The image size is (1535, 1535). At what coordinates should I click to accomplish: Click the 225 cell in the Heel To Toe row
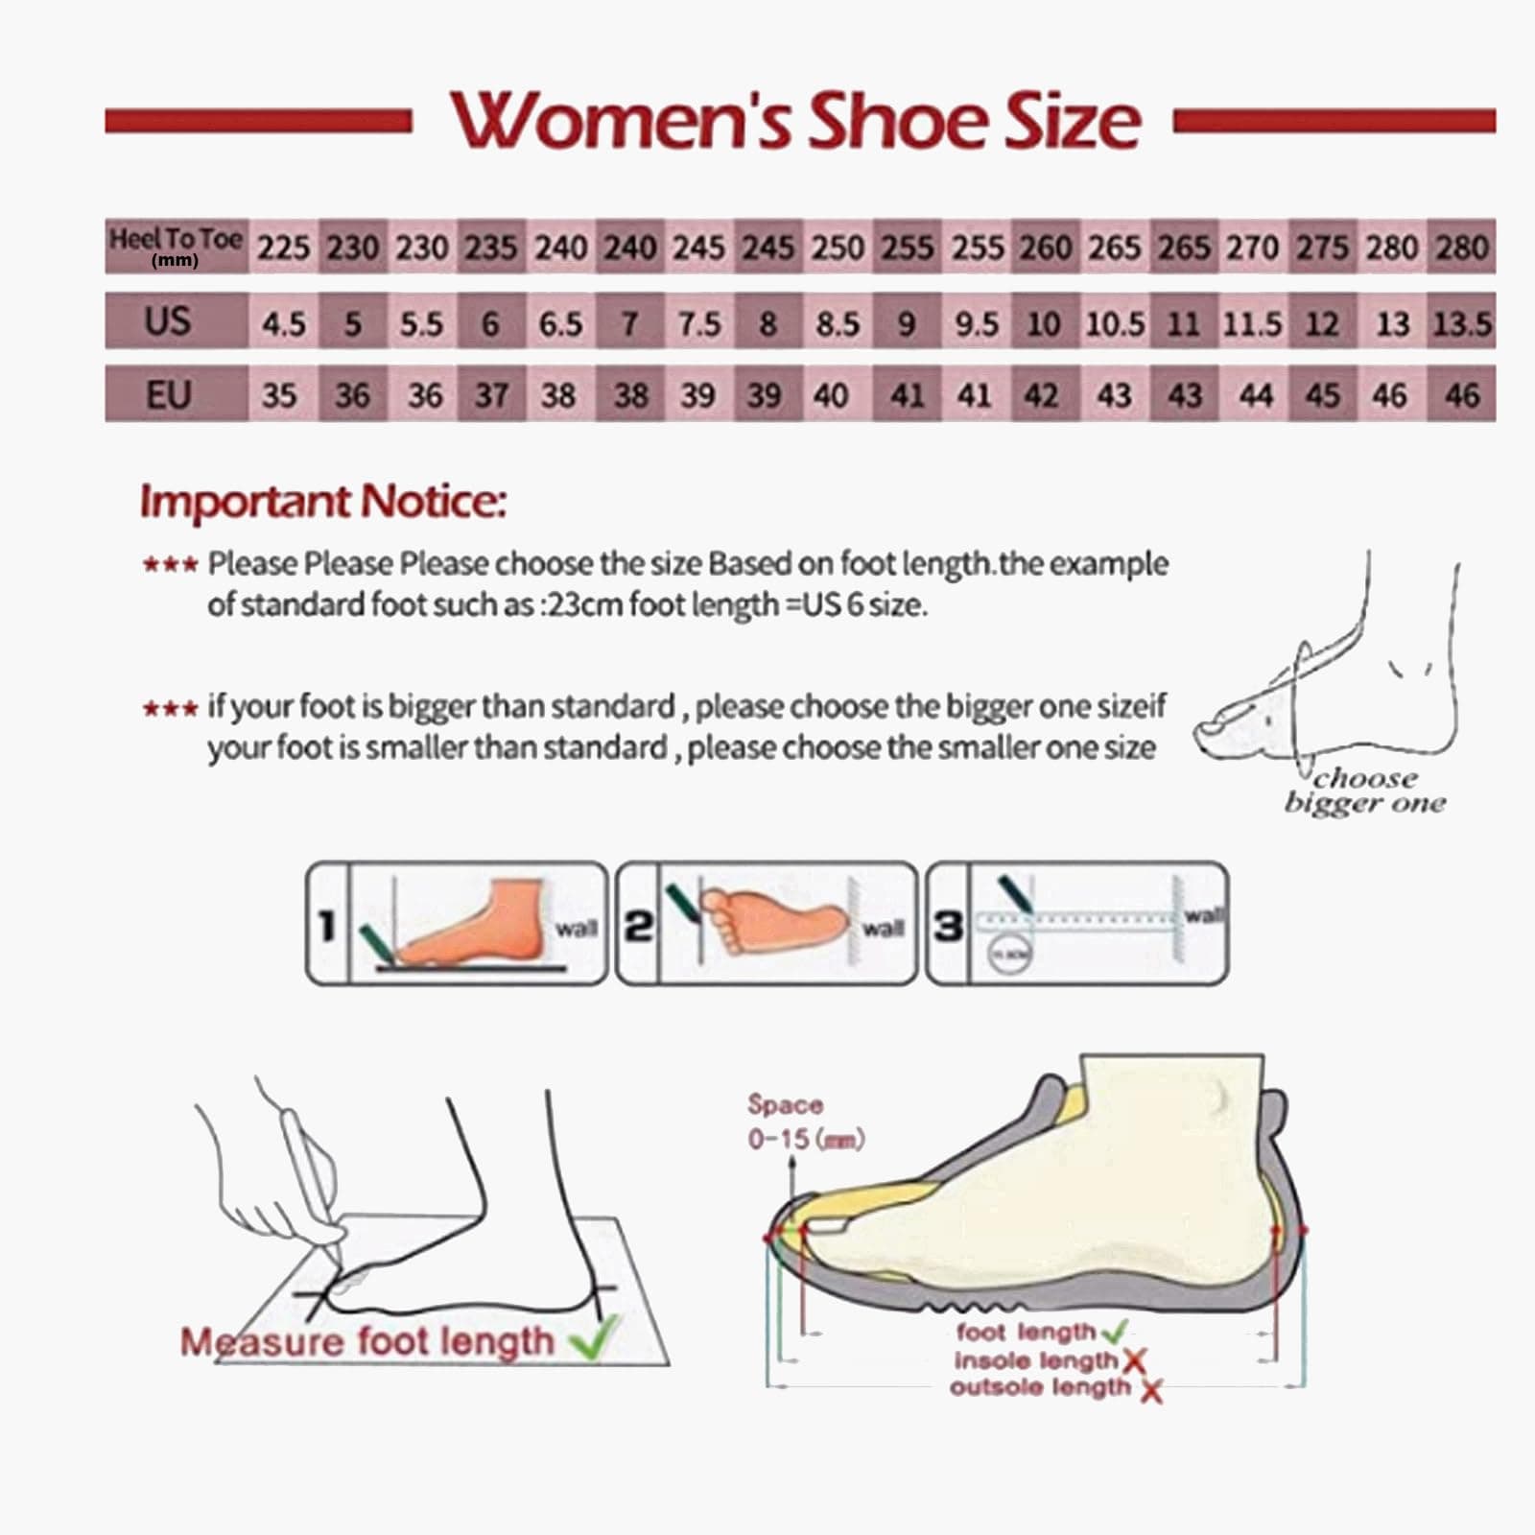pyautogui.click(x=283, y=248)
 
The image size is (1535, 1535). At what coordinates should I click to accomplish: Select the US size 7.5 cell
pyautogui.click(x=698, y=323)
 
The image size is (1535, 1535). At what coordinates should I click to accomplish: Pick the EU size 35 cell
pyautogui.click(x=279, y=394)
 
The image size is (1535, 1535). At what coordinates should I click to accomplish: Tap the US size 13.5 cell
pyautogui.click(x=1461, y=323)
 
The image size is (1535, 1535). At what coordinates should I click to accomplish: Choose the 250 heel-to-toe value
pyautogui.click(x=838, y=248)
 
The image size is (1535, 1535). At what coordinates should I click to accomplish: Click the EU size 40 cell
pyautogui.click(x=831, y=394)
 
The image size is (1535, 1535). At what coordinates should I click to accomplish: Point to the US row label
pyautogui.click(x=168, y=320)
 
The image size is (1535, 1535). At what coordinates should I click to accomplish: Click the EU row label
pyautogui.click(x=168, y=394)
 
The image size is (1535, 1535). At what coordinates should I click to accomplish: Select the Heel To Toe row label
pyautogui.click(x=176, y=246)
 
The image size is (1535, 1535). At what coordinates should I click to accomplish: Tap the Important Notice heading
pyautogui.click(x=322, y=501)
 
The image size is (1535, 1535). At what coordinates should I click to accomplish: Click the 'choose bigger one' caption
pyautogui.click(x=1365, y=791)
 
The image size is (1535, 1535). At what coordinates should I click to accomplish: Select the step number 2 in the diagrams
pyautogui.click(x=638, y=926)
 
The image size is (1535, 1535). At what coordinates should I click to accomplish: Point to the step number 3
pyautogui.click(x=948, y=926)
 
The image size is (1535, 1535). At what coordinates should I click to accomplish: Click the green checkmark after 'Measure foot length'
pyautogui.click(x=596, y=1338)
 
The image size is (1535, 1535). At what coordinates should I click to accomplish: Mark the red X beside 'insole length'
pyautogui.click(x=1134, y=1359)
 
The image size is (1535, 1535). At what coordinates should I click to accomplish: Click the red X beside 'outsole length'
pyautogui.click(x=1151, y=1389)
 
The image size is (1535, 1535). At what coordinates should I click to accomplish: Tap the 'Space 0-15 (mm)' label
pyautogui.click(x=804, y=1122)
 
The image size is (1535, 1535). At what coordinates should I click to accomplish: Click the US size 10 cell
pyautogui.click(x=1043, y=323)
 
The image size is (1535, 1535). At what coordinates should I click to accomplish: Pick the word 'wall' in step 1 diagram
pyautogui.click(x=576, y=928)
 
